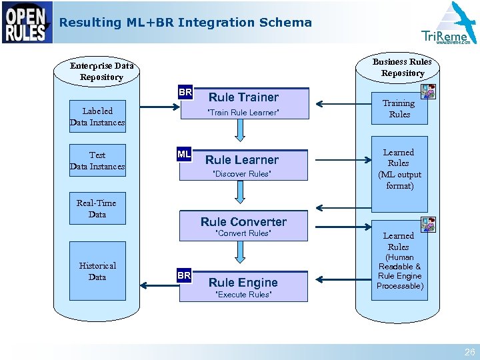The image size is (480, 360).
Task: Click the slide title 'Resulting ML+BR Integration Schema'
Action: pyautogui.click(x=185, y=22)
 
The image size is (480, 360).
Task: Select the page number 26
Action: pyautogui.click(x=469, y=352)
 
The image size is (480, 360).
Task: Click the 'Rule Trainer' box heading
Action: pyautogui.click(x=243, y=97)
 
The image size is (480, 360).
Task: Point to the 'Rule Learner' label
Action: pyautogui.click(x=242, y=160)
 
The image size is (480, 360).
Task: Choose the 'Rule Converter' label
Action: pyautogui.click(x=243, y=222)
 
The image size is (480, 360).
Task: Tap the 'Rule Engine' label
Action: pyautogui.click(x=243, y=283)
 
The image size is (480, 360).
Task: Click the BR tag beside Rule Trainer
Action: pyautogui.click(x=185, y=92)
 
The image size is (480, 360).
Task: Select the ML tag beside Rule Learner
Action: pyautogui.click(x=184, y=155)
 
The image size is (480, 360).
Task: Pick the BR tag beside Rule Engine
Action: pyautogui.click(x=184, y=275)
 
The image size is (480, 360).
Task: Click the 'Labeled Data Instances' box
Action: pyautogui.click(x=97, y=117)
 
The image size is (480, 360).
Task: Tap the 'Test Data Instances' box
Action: pyautogui.click(x=97, y=161)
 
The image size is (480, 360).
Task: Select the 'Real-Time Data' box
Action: pyautogui.click(x=97, y=209)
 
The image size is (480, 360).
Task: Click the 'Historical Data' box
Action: pyautogui.click(x=97, y=271)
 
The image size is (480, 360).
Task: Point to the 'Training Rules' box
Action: pyautogui.click(x=399, y=109)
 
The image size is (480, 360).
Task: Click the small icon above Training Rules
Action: pyautogui.click(x=428, y=91)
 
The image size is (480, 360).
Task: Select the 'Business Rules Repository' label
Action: pyautogui.click(x=402, y=67)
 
